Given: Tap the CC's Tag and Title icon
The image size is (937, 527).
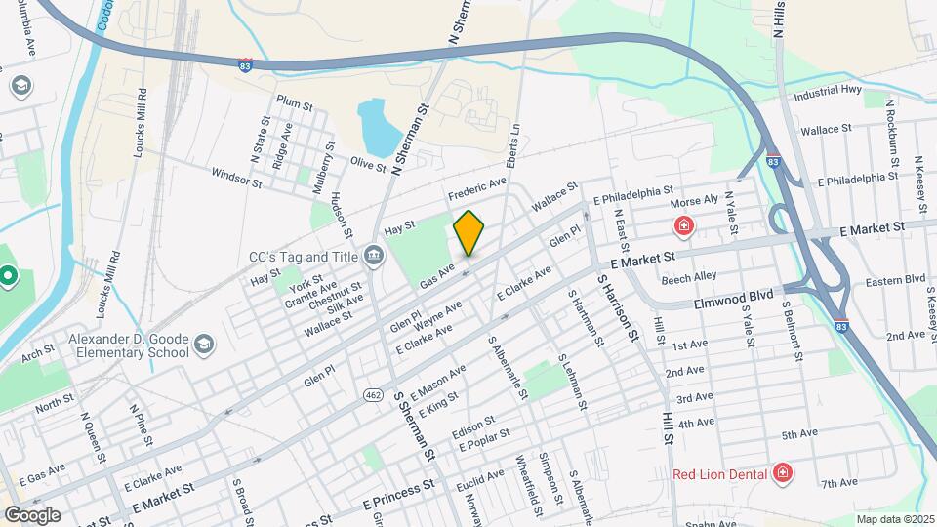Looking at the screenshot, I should [x=374, y=257].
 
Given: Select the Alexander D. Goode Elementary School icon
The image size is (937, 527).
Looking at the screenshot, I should [x=204, y=344].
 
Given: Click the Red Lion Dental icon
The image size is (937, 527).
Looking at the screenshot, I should [x=781, y=474].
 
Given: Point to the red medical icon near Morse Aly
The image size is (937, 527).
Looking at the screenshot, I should [x=685, y=227].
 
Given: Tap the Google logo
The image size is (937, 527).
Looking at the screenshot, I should [x=32, y=514].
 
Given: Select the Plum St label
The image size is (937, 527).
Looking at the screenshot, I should [x=294, y=103].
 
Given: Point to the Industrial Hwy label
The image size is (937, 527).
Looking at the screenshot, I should [x=828, y=93].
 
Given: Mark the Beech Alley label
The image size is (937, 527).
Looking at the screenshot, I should [x=688, y=277].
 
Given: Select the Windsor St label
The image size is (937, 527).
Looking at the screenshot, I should [x=236, y=177].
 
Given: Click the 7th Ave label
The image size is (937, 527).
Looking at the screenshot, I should [x=838, y=482].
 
